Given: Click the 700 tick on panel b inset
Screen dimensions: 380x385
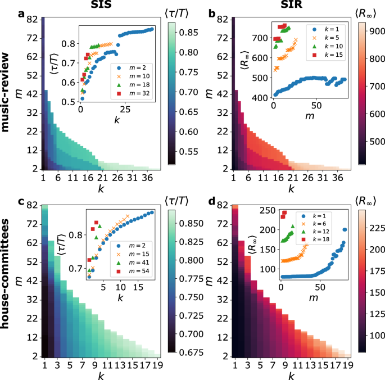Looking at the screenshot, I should pyautogui.click(x=260, y=38).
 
